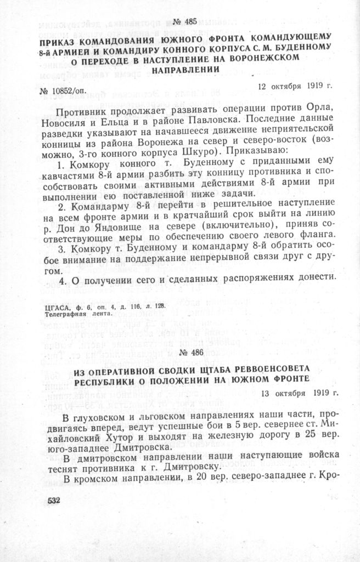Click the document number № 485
tap(184, 22)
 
